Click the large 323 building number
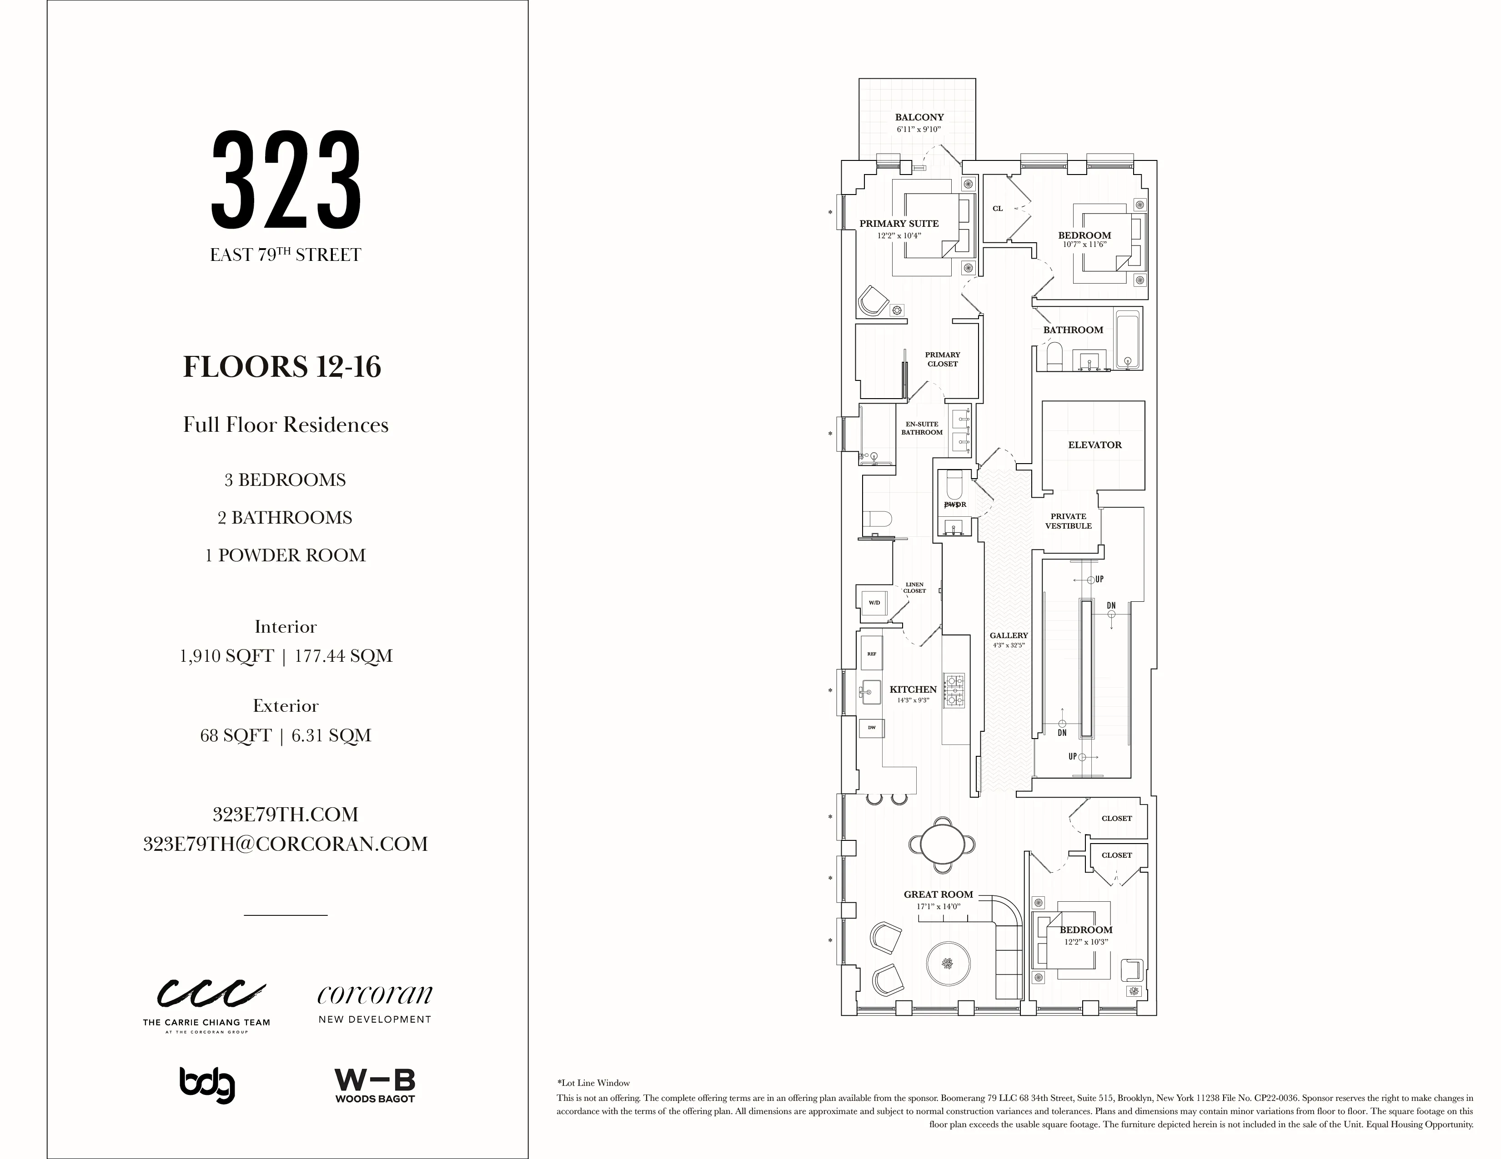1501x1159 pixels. pyautogui.click(x=286, y=180)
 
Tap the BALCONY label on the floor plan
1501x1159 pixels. pyautogui.click(x=919, y=117)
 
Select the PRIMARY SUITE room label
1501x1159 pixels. pyautogui.click(x=898, y=223)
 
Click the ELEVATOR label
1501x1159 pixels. pyautogui.click(x=1094, y=445)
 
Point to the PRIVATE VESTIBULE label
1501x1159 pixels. pyautogui.click(x=1068, y=521)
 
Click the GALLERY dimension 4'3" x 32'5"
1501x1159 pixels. pyautogui.click(x=1008, y=645)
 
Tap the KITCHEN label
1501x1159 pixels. pyautogui.click(x=913, y=689)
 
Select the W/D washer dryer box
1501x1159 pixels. pyautogui.click(x=874, y=603)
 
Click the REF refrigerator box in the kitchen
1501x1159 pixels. pyautogui.click(x=872, y=654)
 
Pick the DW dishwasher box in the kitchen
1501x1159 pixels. pyautogui.click(x=872, y=728)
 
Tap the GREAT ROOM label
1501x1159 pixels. pyautogui.click(x=938, y=894)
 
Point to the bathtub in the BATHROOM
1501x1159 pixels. pyautogui.click(x=1127, y=340)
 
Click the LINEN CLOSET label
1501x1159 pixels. pyautogui.click(x=914, y=587)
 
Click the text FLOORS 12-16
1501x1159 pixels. pyautogui.click(x=282, y=366)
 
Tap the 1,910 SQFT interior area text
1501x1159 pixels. pyautogui.click(x=227, y=656)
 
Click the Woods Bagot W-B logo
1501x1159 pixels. pyautogui.click(x=375, y=1085)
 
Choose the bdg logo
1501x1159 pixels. pyautogui.click(x=207, y=1085)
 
